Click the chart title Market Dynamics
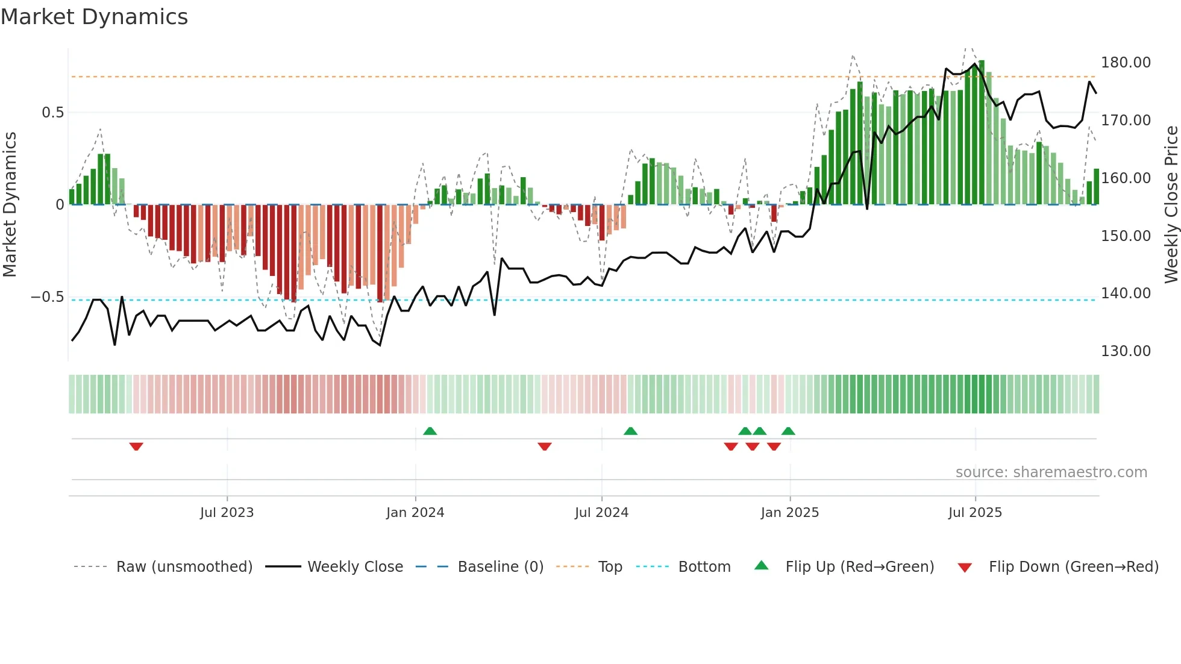(94, 17)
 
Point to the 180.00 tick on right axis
(1126, 63)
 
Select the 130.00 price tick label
(1126, 351)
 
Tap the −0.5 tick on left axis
(47, 297)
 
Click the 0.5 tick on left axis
(52, 113)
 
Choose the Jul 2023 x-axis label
(227, 513)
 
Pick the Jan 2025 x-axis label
(789, 513)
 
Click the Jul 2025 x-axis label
(974, 513)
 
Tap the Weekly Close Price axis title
(1171, 204)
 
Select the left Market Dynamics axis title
(10, 204)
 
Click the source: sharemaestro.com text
(1051, 472)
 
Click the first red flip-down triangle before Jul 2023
(136, 446)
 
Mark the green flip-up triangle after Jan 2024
(430, 431)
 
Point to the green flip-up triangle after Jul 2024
(630, 431)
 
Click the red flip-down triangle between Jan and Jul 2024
(545, 446)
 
